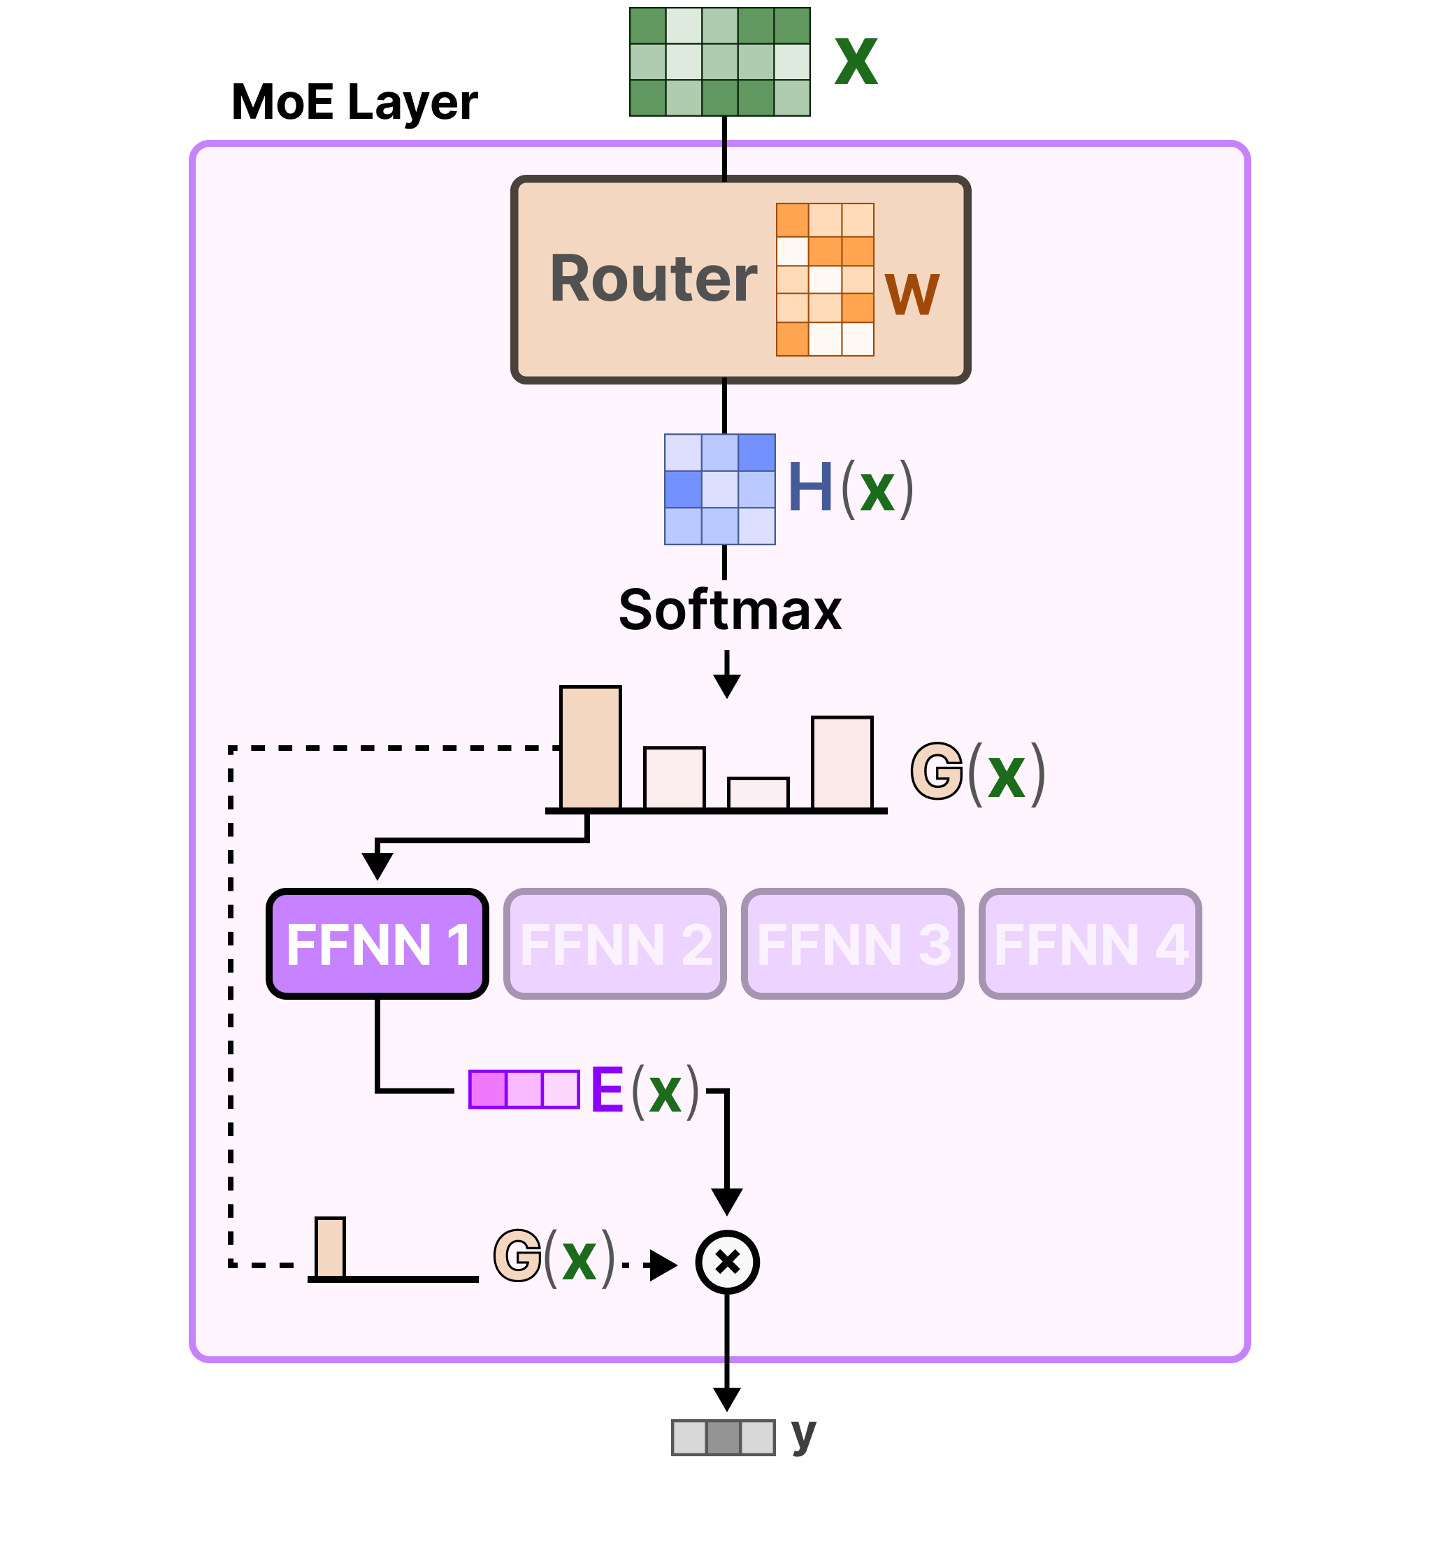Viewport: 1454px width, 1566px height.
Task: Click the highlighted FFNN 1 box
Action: [377, 944]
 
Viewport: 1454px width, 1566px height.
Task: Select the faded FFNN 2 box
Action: [615, 944]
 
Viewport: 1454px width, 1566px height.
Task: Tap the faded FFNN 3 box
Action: [853, 944]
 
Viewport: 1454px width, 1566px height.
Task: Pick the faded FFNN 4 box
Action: [1090, 944]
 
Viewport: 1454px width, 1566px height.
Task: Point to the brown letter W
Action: [912, 294]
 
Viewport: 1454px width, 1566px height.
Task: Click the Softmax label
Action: [730, 610]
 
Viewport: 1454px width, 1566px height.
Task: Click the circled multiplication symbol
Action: [728, 1263]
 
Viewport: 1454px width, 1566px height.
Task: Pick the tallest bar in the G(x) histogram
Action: [591, 747]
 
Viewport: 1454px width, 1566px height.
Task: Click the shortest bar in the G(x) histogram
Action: [758, 793]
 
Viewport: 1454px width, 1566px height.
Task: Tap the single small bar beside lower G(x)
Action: [331, 1248]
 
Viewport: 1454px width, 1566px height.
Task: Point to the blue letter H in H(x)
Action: [810, 488]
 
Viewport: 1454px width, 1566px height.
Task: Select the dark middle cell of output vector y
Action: [724, 1438]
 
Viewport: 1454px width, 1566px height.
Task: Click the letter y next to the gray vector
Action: [803, 1434]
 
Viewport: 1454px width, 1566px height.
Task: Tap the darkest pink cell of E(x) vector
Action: [488, 1090]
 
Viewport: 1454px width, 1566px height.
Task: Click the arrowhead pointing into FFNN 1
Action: [377, 866]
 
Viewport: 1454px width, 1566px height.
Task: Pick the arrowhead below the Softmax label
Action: [727, 687]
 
